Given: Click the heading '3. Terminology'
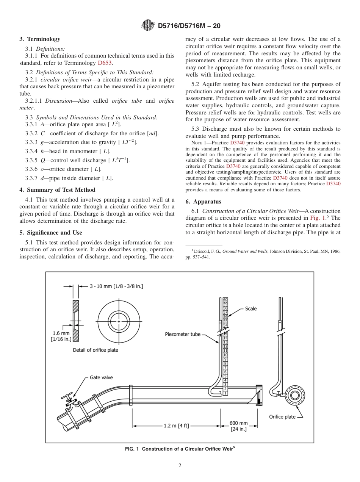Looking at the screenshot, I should pos(40,39).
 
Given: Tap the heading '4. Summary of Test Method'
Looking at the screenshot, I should pos(57,190).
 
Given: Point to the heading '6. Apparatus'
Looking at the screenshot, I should pos(203,202).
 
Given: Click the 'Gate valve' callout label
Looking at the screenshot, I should pos(101,377).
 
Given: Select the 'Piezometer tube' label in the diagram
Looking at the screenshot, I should pos(183,334).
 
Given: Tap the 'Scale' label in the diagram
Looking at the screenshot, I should pos(250,309).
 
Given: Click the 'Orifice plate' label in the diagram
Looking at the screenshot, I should pos(282,417).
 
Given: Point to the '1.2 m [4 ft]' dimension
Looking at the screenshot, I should pos(176,426).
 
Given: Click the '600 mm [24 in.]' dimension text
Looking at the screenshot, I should pos(239,426).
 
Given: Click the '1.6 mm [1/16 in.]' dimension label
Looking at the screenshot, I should pos(61,336).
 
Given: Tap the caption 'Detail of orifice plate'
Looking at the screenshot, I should pos(95,350).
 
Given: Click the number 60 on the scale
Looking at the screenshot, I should pos(225,299).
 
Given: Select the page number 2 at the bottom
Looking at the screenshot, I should pos(180,466).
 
